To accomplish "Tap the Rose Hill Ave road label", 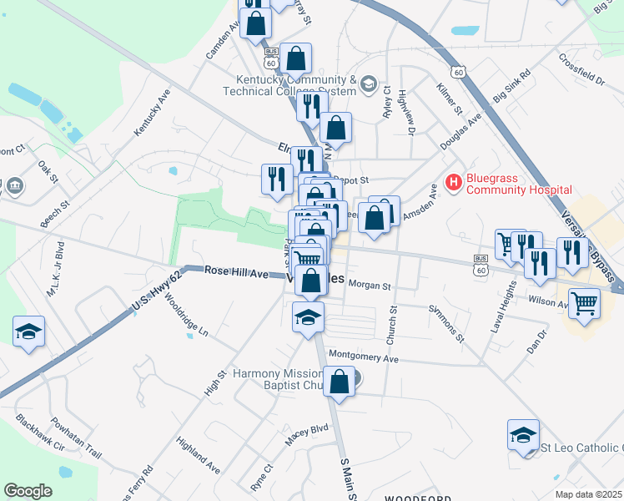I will click(237, 273).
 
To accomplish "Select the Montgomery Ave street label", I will click(364, 357).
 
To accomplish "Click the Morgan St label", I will click(370, 286).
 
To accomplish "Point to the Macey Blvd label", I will click(308, 430).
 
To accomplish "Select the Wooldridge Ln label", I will click(185, 314).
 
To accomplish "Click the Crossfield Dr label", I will click(581, 70).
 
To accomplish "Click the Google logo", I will click(28, 491).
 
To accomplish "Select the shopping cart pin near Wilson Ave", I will click(584, 304).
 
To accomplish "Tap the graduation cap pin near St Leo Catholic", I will click(523, 436).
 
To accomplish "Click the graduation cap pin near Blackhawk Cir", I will click(29, 332).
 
